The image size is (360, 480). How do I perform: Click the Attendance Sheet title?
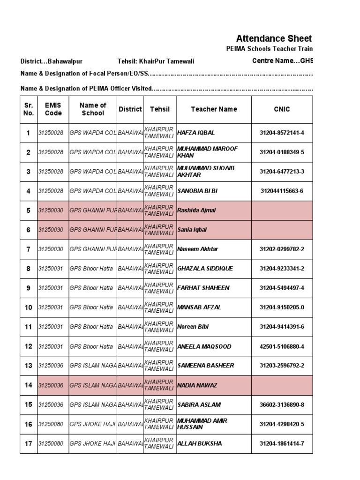tap(274, 38)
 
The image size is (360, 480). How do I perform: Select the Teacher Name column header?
tap(214, 109)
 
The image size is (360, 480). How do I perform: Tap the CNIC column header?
tap(282, 109)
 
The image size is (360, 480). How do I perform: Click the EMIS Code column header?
tap(53, 109)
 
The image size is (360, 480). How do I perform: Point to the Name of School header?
tap(93, 109)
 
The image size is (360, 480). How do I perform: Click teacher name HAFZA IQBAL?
tap(196, 133)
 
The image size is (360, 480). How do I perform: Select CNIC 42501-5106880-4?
tap(282, 346)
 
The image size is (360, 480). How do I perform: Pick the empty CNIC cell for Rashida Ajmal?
tap(282, 210)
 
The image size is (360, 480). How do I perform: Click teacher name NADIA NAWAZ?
tap(197, 385)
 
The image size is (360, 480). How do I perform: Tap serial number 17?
tap(29, 444)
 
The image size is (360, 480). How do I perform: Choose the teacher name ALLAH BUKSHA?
tap(199, 443)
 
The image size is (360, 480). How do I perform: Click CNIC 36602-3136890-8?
tap(282, 405)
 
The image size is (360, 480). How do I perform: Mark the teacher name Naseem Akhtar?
tap(197, 249)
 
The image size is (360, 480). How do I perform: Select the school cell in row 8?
tap(92, 269)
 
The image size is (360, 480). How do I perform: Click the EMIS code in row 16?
tap(51, 424)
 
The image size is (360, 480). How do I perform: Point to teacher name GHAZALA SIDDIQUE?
tap(205, 269)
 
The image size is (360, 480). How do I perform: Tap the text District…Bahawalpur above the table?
tap(51, 61)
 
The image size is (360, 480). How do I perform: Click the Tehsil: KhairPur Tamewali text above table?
tap(156, 61)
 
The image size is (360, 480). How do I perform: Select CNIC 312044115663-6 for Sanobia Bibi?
tap(282, 191)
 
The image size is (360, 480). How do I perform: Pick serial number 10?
tap(29, 307)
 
